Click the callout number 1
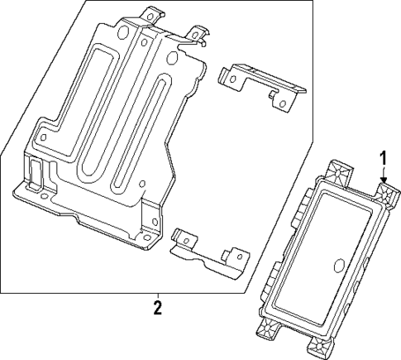[383, 157]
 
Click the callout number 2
[157, 310]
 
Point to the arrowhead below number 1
[384, 179]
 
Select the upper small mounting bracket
[258, 84]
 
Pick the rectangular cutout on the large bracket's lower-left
[36, 173]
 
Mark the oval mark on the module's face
[339, 265]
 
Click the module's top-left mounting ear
[338, 172]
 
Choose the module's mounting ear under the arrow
[385, 195]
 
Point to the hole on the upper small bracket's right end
[282, 103]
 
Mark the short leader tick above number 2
[157, 296]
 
